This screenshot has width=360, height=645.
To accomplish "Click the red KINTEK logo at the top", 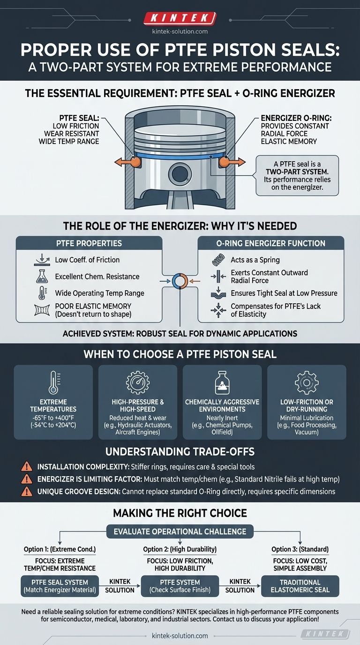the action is pyautogui.click(x=180, y=18).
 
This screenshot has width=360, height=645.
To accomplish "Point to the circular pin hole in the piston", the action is pyautogui.click(x=180, y=174).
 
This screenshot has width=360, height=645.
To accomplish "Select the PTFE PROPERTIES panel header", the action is pyautogui.click(x=89, y=243).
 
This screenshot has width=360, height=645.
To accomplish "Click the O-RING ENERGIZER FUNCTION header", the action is pyautogui.click(x=271, y=243).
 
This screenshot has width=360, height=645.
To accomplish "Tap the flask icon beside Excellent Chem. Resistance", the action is pyautogui.click(x=42, y=277).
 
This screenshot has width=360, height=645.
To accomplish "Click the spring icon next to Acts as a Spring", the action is pyautogui.click(x=218, y=260).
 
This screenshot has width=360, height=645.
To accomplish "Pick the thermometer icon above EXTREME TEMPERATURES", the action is pyautogui.click(x=53, y=382).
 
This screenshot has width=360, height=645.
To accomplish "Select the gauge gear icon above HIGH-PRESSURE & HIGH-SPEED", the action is pyautogui.click(x=138, y=382).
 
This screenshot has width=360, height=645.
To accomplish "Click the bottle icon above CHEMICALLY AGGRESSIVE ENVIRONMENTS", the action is pyautogui.click(x=222, y=382).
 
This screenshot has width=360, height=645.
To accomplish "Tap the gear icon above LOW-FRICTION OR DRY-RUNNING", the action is pyautogui.click(x=307, y=382).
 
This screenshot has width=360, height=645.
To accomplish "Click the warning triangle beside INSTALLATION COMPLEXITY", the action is pyautogui.click(x=27, y=466).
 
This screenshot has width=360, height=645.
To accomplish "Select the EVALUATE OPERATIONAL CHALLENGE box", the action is pyautogui.click(x=180, y=532).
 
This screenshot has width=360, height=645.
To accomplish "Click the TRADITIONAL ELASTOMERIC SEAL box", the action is pyautogui.click(x=300, y=586).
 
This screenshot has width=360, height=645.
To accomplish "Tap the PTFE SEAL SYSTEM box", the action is pyautogui.click(x=60, y=586).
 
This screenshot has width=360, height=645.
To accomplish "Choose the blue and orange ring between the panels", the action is pyautogui.click(x=180, y=281).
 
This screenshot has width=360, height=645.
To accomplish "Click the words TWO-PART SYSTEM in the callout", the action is pyautogui.click(x=297, y=172).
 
